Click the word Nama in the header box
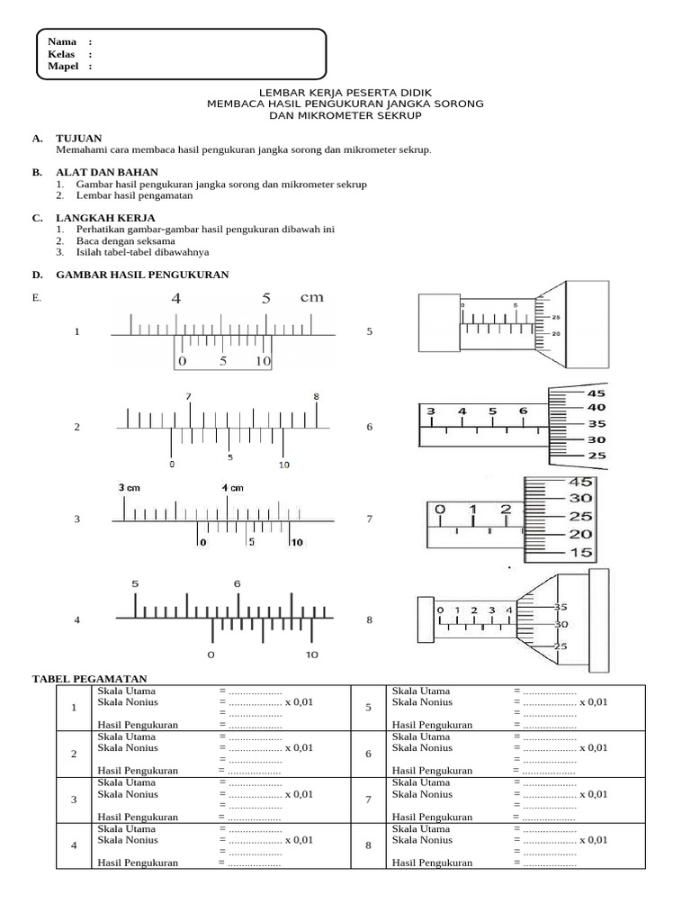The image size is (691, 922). tap(62, 41)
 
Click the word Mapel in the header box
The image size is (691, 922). tap(63, 66)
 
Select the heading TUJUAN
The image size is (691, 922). tap(79, 139)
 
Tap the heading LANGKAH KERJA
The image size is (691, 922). tap(106, 218)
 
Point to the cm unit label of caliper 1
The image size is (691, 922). tap(312, 297)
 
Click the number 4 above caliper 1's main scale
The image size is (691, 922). tap(176, 299)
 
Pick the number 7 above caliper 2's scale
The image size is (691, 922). tap(189, 397)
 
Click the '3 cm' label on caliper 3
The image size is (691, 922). tap(130, 487)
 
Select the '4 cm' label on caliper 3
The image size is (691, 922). tap(233, 488)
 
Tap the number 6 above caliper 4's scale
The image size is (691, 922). tap(238, 583)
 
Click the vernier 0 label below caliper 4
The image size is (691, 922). tap(211, 655)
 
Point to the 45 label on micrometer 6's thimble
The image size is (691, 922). tap(597, 393)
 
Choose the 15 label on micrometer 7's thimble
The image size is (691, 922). tap(581, 553)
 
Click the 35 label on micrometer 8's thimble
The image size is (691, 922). tap(561, 607)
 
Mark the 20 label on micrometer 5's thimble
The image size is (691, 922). tap(556, 333)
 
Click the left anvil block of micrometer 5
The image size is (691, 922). tap(439, 323)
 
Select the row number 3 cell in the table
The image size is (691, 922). tap(74, 800)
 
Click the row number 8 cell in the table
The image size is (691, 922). tap(368, 845)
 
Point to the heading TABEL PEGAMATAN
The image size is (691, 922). tap(89, 679)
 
